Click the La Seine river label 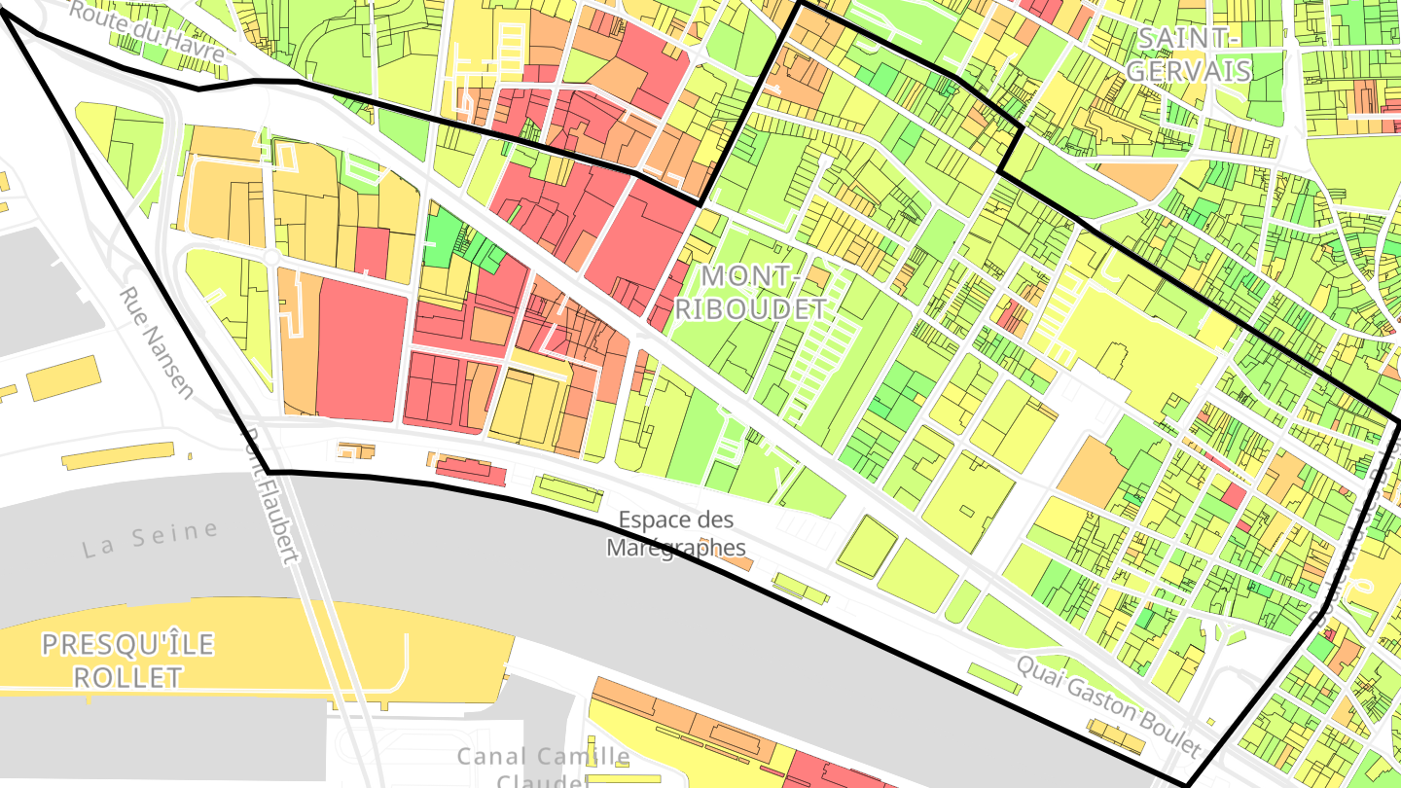coord(150,539)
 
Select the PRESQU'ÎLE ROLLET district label coord(127,661)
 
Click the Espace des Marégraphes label coord(675,533)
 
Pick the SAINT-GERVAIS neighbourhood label coord(1194,54)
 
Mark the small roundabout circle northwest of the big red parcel coord(272,257)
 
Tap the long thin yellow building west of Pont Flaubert coord(118,455)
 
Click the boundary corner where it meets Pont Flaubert coord(268,472)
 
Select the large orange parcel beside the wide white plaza coord(1091,472)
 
